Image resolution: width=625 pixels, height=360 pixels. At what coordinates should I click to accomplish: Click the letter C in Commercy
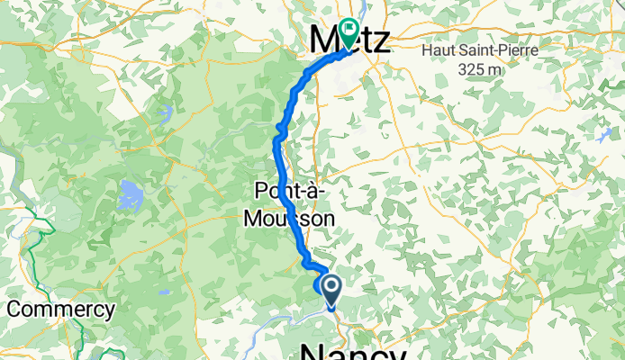14,310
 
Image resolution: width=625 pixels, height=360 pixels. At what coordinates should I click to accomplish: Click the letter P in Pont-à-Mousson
263,192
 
